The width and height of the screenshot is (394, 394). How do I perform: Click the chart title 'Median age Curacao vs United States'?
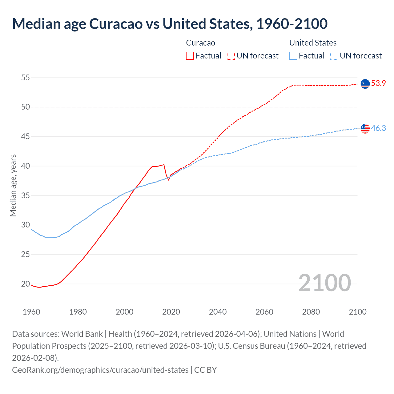click(170, 24)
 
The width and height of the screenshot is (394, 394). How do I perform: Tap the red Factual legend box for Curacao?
click(190, 56)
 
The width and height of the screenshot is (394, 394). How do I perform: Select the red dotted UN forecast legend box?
click(231, 56)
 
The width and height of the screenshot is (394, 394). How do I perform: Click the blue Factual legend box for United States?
click(293, 56)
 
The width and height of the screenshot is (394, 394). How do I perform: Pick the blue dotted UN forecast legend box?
click(334, 56)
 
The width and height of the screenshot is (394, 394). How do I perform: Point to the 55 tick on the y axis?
click(26, 78)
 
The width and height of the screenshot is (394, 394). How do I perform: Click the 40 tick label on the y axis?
click(26, 166)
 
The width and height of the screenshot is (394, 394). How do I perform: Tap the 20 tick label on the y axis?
click(26, 284)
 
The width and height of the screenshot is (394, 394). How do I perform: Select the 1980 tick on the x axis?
click(78, 312)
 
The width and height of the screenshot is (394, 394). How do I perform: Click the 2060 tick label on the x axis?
click(264, 312)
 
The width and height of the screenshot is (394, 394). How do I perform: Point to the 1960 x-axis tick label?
click(31, 312)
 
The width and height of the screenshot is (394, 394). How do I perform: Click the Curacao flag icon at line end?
click(365, 83)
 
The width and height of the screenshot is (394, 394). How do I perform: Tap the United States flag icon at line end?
click(365, 128)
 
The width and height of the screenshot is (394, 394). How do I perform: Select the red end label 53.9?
click(378, 83)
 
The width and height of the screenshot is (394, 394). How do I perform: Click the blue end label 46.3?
click(378, 128)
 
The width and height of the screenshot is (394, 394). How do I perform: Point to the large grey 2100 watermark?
click(324, 283)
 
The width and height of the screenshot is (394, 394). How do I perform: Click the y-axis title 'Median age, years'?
click(13, 186)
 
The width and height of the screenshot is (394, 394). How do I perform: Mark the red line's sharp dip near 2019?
click(168, 180)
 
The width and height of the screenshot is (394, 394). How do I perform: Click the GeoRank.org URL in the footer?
click(100, 370)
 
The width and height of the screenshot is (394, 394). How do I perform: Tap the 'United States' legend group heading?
click(313, 43)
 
